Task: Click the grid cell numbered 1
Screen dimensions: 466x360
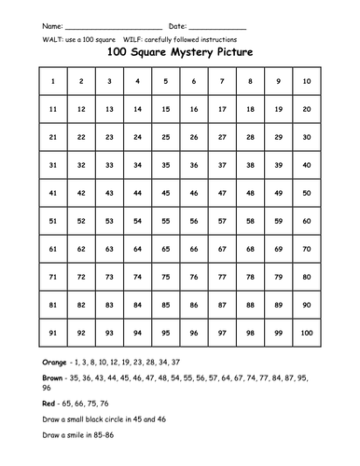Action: tap(53, 82)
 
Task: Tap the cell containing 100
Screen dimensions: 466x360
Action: tap(306, 332)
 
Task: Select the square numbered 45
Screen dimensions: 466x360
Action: tap(165, 193)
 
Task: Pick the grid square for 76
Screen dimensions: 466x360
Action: tap(194, 277)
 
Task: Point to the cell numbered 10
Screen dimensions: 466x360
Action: tap(306, 82)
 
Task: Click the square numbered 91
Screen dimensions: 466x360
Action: tap(53, 332)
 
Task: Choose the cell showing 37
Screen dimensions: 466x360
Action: tap(222, 165)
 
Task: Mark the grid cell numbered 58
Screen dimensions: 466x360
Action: tap(250, 221)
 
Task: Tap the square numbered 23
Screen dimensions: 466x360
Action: tap(109, 137)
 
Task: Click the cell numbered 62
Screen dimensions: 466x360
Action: tap(81, 249)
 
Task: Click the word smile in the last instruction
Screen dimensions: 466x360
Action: tap(76, 444)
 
